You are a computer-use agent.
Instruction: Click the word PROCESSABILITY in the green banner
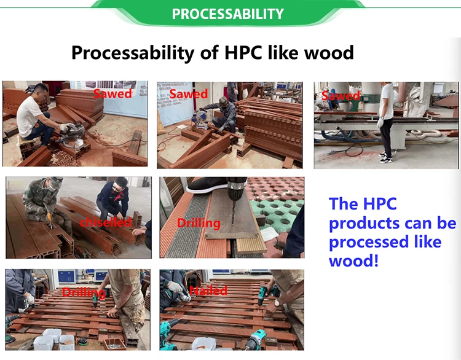pos(227,14)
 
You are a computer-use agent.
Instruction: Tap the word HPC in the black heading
pos(243,52)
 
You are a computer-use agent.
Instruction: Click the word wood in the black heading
pos(329,52)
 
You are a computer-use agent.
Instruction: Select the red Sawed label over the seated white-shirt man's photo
pos(112,94)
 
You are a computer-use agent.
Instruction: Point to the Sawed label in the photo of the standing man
pos(341,95)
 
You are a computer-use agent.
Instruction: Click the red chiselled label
pos(105,222)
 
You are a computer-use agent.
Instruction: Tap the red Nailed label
pos(208,291)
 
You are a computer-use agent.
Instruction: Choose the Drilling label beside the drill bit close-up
pos(199,224)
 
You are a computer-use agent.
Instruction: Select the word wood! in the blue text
pos(353,260)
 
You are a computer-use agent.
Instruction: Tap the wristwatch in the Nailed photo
pos(277,302)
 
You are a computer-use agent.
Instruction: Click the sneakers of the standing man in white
pos(385,157)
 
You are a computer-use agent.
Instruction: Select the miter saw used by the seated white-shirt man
pos(74,135)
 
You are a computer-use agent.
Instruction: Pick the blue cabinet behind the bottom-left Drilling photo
pos(67,277)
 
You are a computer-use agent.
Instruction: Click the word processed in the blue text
pos(369,243)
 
